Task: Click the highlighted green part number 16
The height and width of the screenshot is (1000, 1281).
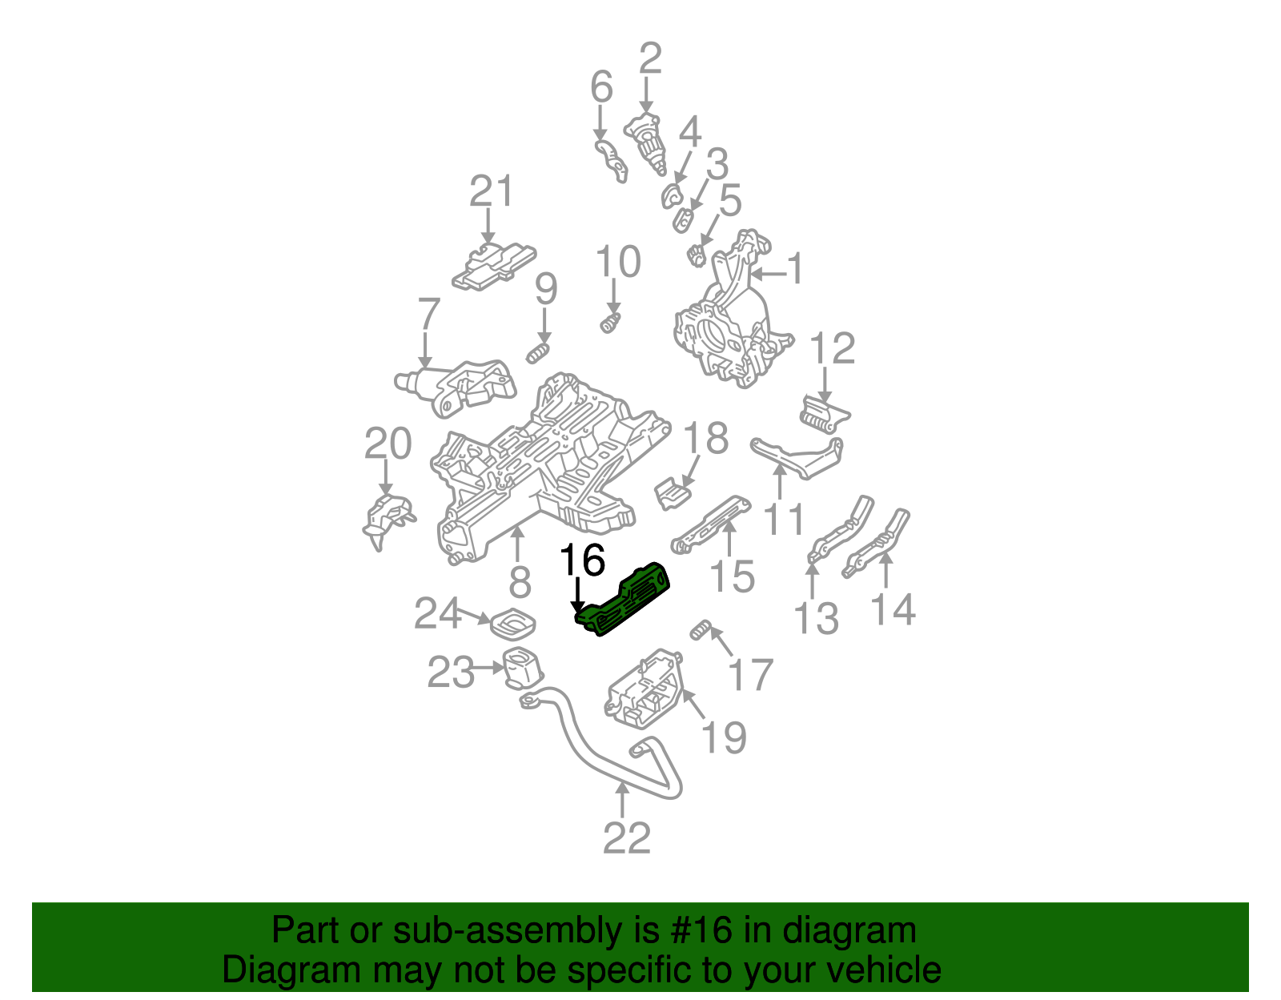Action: [x=625, y=599]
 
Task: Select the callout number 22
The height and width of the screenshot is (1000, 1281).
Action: [x=627, y=838]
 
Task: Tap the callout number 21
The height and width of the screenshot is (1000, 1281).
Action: [x=491, y=192]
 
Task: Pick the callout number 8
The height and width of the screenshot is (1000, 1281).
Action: [x=520, y=581]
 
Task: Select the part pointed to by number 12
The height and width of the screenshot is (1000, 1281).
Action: [x=825, y=414]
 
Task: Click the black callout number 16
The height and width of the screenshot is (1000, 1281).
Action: [x=582, y=560]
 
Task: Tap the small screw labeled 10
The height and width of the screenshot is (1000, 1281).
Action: [x=610, y=324]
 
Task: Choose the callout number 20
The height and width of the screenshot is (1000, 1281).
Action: [x=388, y=444]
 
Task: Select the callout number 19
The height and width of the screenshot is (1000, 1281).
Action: [x=724, y=737]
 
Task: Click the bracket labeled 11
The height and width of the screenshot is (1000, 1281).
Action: [x=797, y=458]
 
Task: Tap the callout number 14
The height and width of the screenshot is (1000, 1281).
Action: [x=893, y=610]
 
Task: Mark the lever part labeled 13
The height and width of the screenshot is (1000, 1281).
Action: [x=841, y=532]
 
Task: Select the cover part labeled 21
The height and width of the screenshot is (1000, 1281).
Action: [x=492, y=265]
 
